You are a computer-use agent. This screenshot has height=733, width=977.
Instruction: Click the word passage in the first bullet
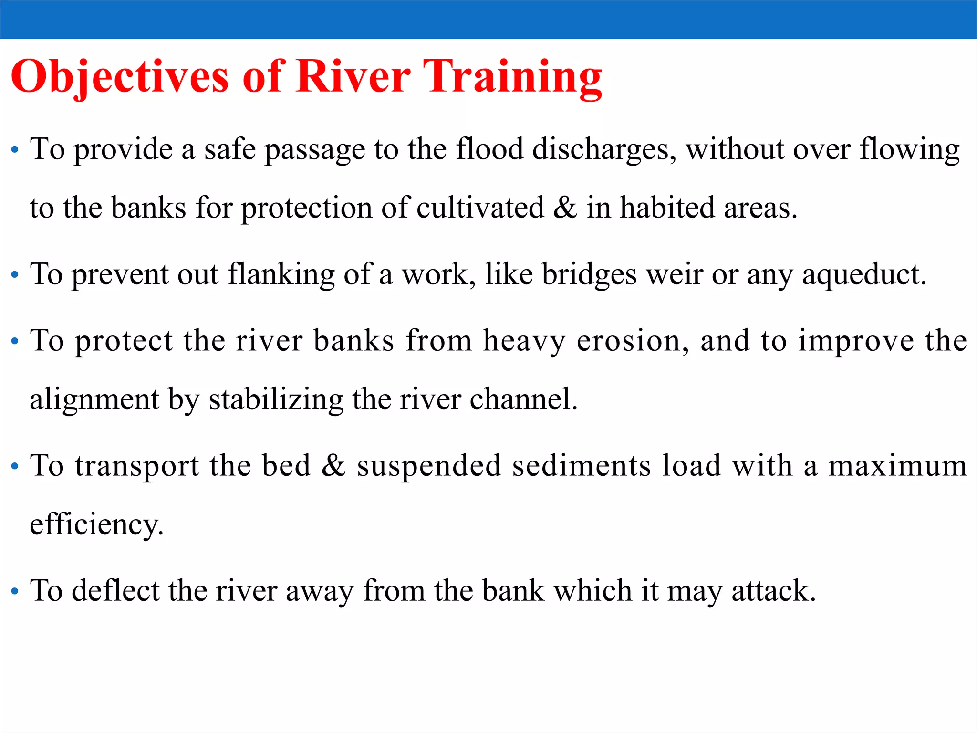(x=315, y=150)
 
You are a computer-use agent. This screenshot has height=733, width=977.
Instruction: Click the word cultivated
(x=480, y=208)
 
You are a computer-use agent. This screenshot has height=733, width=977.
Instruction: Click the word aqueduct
(x=864, y=275)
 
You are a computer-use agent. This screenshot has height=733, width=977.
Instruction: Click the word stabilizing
(x=276, y=399)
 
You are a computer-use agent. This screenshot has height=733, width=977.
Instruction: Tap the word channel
(x=523, y=399)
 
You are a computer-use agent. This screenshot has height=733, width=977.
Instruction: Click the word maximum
(x=897, y=466)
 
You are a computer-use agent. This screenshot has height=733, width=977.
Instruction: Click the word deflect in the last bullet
(x=115, y=591)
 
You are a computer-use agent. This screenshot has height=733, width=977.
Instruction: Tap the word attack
(x=773, y=591)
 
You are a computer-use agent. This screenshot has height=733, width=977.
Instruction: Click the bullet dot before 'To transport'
(x=15, y=466)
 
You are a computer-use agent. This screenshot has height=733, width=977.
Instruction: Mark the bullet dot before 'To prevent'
(x=15, y=275)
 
